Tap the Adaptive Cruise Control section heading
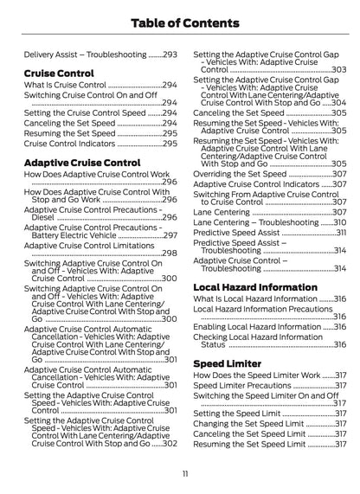[82, 162]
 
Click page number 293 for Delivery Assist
[170, 54]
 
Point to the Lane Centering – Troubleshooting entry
[255, 222]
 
